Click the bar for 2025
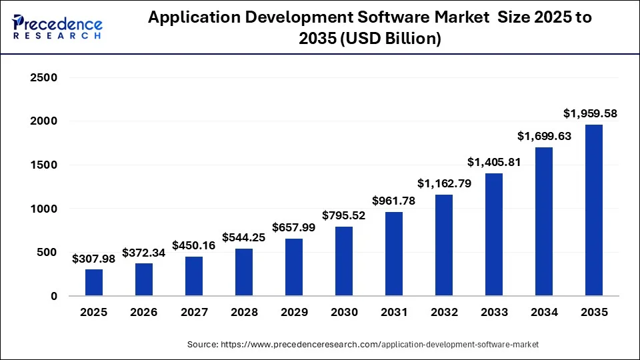coord(94,282)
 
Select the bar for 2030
coord(344,261)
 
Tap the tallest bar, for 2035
coord(593,210)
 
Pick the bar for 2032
coord(444,245)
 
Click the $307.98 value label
coord(94,258)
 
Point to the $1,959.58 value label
coord(590,113)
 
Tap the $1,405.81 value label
coord(494,162)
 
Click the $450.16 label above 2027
coord(194,245)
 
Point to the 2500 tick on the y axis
coord(45,78)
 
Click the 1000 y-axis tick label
coord(45,209)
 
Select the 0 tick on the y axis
coord(54,296)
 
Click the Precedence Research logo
coord(57,27)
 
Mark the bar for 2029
coord(294,267)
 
